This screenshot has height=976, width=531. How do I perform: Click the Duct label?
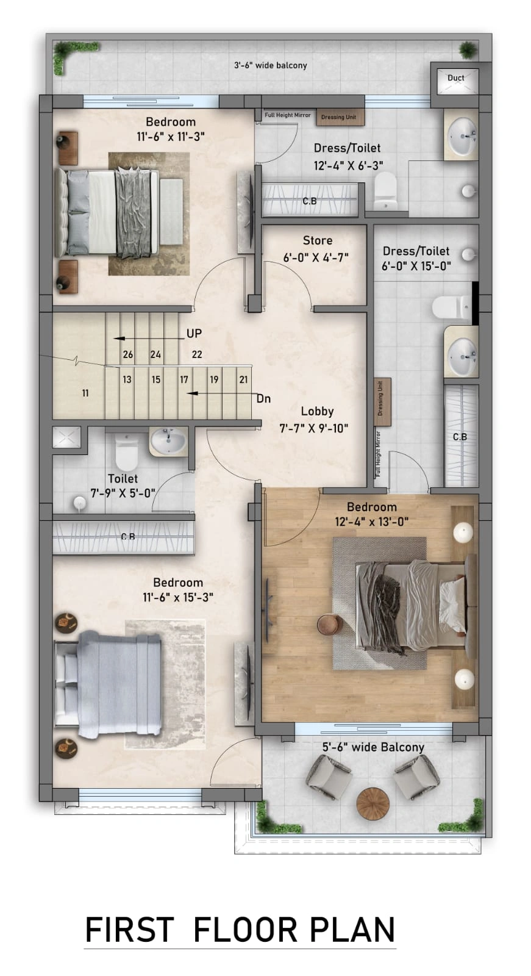pyautogui.click(x=455, y=78)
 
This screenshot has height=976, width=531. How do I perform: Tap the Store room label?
pyautogui.click(x=318, y=240)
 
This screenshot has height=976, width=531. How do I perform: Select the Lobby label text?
pyautogui.click(x=317, y=411)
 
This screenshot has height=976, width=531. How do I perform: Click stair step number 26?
pyautogui.click(x=127, y=354)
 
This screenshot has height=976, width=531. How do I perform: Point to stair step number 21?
pyautogui.click(x=243, y=379)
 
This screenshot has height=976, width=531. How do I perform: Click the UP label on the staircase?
pyautogui.click(x=194, y=333)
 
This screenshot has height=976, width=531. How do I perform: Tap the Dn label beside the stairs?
pyautogui.click(x=263, y=399)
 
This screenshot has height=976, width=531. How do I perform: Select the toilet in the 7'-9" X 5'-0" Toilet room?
pyautogui.click(x=127, y=451)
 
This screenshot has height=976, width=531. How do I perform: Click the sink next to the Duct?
pyautogui.click(x=462, y=135)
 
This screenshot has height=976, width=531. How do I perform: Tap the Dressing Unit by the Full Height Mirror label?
pyautogui.click(x=340, y=117)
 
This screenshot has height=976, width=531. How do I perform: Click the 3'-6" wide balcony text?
pyautogui.click(x=271, y=65)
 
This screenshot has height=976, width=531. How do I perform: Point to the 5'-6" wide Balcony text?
pyautogui.click(x=373, y=747)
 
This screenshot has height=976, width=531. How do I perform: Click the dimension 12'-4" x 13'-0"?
pyautogui.click(x=371, y=522)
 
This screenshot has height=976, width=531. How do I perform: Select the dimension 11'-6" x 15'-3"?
pyautogui.click(x=178, y=597)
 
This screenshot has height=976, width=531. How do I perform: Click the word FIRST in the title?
pyautogui.click(x=129, y=930)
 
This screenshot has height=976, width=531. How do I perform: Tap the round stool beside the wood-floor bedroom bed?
pyautogui.click(x=329, y=625)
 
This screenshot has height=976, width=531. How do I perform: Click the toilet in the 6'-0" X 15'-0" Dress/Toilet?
pyautogui.click(x=452, y=307)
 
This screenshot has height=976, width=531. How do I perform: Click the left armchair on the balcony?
pyautogui.click(x=329, y=777)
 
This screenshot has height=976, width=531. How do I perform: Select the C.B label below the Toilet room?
pyautogui.click(x=128, y=536)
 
